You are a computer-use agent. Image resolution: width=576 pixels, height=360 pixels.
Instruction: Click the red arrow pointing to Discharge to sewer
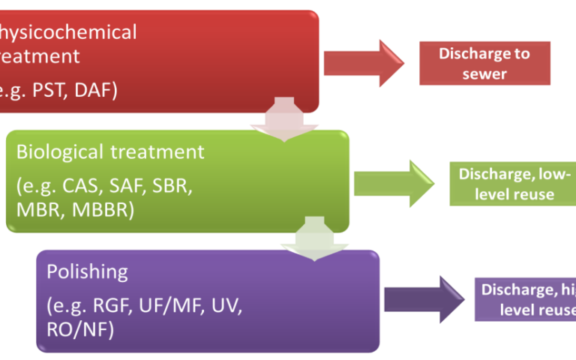point(363,63)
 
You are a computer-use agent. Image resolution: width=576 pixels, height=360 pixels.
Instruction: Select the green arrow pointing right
point(392,184)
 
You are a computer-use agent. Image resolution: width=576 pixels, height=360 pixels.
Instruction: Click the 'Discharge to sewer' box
point(484,63)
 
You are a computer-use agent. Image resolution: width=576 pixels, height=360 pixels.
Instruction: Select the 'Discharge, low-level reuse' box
point(513,184)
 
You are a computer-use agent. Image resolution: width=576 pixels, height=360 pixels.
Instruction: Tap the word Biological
point(60,152)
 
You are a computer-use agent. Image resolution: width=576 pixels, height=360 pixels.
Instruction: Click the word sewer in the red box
point(484,73)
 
